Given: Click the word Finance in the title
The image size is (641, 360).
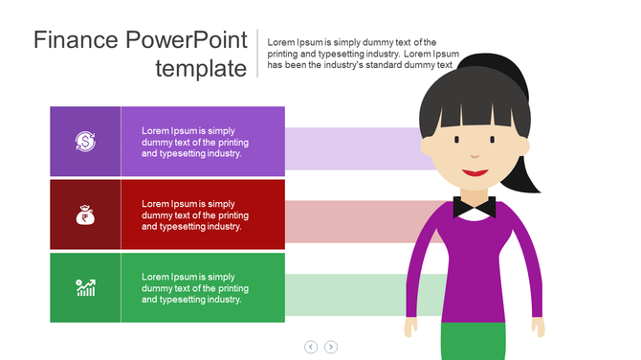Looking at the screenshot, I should point(76,40).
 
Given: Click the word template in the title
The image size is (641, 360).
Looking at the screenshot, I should point(201,68).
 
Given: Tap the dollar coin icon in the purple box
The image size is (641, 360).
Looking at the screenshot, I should point(85,142).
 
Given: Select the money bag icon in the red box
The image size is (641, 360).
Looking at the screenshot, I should point(85,214).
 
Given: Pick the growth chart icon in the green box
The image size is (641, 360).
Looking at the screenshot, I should point(85,287).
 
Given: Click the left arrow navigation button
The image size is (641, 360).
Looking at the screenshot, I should point(311,347).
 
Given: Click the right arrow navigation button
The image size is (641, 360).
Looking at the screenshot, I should point(331,347).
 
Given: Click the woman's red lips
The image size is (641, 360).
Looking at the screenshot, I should point(475,173).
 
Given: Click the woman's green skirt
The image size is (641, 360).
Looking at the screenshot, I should point(473,342).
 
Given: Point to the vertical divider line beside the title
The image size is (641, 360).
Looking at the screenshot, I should point(257,54).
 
